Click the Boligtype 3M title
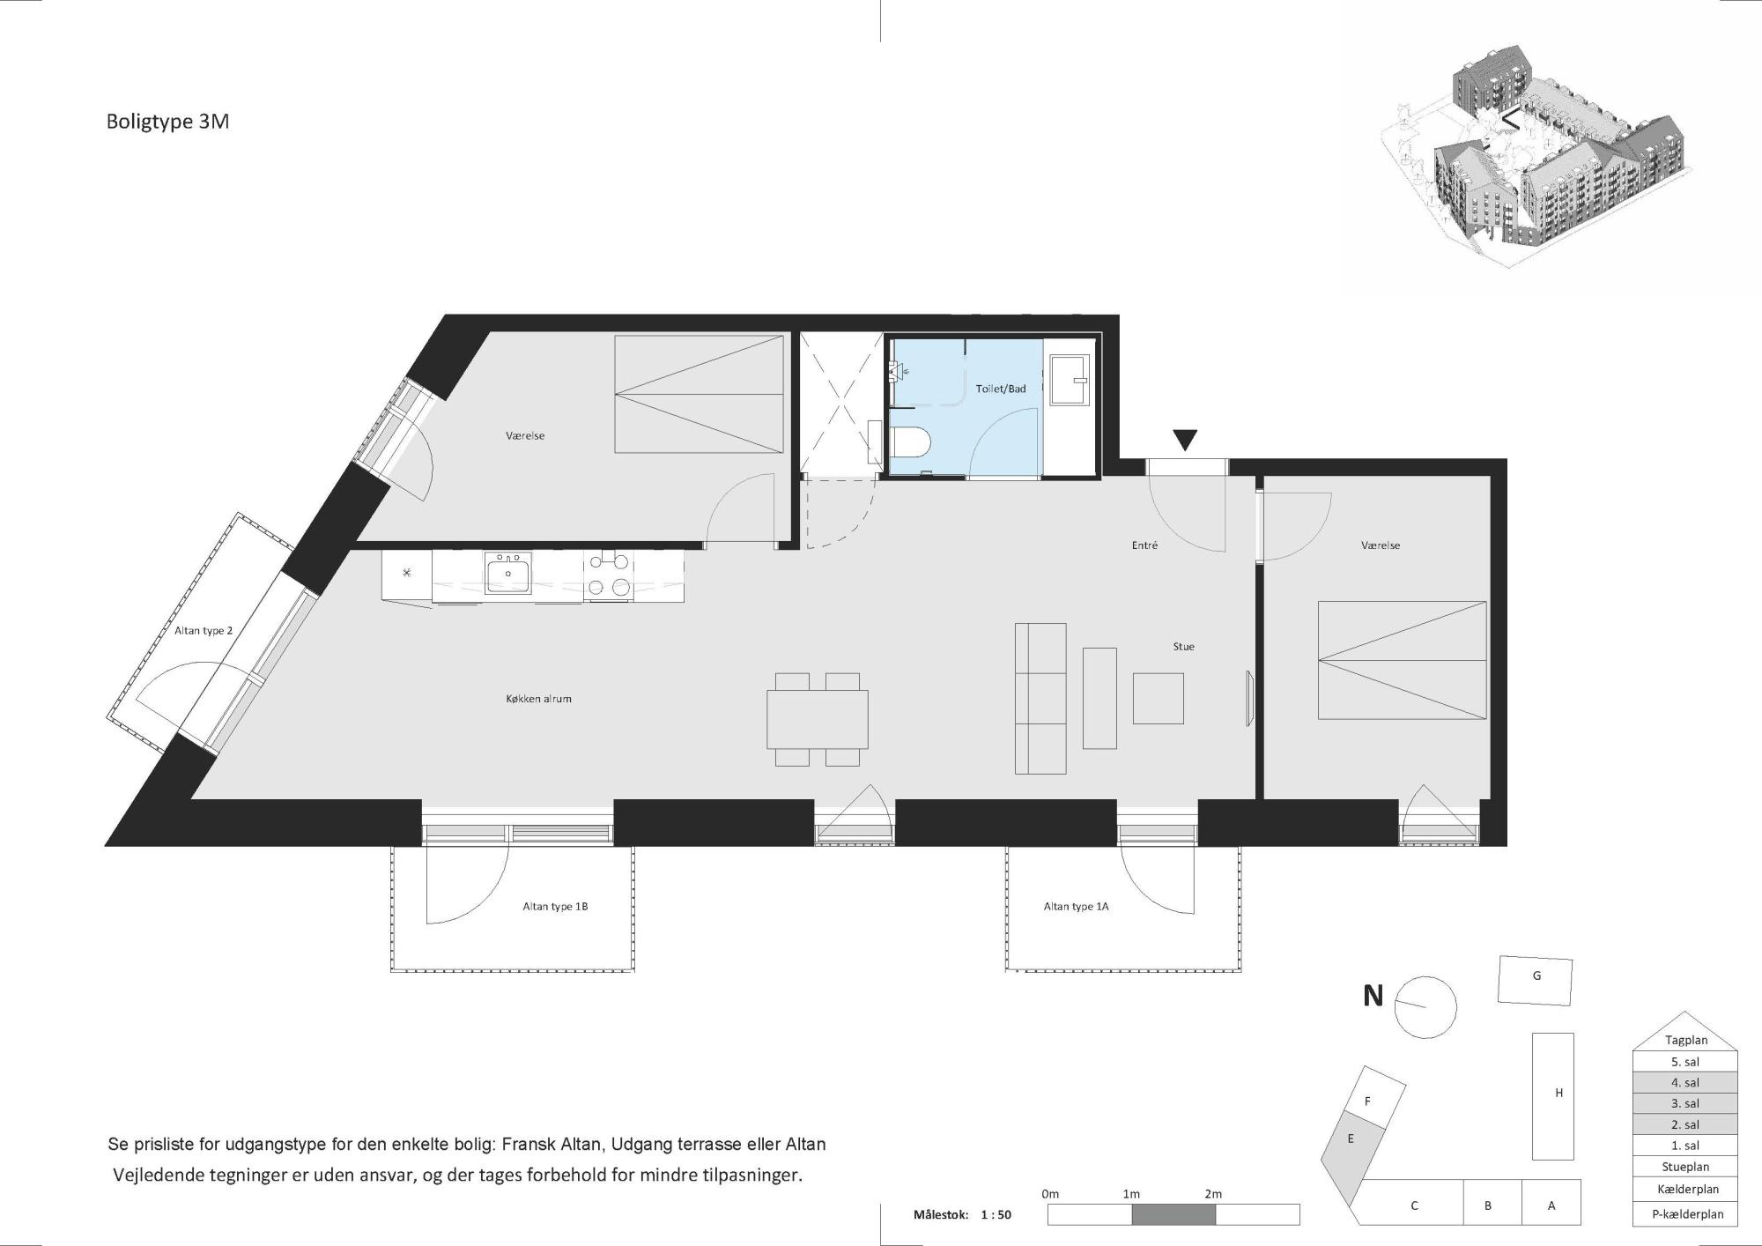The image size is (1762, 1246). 167,122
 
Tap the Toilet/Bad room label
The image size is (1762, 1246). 1001,389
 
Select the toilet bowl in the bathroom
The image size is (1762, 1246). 907,441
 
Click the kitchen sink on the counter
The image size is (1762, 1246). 508,573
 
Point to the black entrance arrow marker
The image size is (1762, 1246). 1185,439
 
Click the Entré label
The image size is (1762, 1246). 1144,545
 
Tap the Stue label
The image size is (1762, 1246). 1183,647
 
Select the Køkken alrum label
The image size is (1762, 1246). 538,699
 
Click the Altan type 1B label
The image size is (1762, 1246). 555,907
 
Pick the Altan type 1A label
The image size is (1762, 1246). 1076,907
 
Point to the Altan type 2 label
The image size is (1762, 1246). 204,631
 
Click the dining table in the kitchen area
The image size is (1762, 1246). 818,719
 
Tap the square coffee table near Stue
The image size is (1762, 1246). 1158,698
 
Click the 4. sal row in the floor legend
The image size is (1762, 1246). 1685,1083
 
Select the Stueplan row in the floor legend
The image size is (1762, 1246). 1685,1168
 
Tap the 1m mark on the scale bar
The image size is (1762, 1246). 1131,1194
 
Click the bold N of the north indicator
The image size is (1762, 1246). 1373,996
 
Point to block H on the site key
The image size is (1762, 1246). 1552,1096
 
